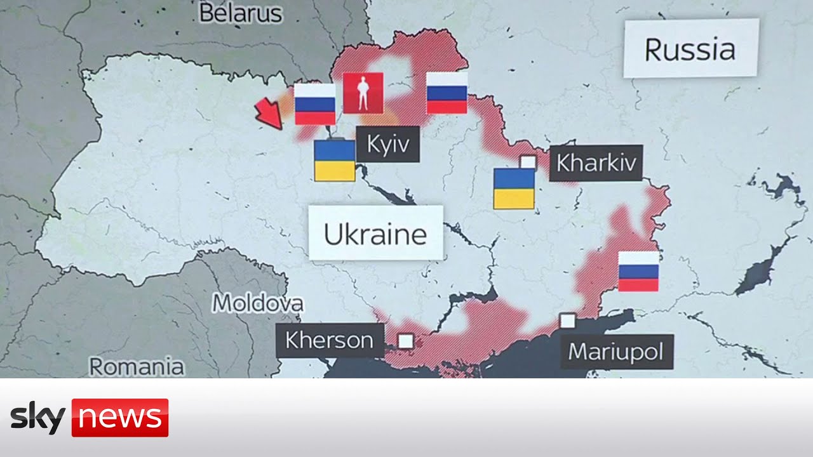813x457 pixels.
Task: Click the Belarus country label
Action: click(241, 13)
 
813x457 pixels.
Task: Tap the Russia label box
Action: click(690, 49)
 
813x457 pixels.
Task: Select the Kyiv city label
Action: click(387, 144)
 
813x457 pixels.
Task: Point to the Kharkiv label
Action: click(596, 163)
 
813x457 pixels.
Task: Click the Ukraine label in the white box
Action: click(375, 233)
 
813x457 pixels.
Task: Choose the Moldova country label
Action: click(257, 303)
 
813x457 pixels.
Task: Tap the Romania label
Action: click(137, 366)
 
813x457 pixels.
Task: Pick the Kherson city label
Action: click(330, 340)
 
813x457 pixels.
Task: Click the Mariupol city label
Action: click(616, 351)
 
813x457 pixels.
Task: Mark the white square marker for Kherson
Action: click(406, 341)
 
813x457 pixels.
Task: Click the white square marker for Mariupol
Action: click(567, 321)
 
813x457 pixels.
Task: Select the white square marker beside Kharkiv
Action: click(528, 162)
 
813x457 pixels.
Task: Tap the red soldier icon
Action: click(363, 93)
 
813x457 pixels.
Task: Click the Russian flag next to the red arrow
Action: click(314, 104)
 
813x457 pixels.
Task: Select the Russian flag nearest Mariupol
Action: click(638, 271)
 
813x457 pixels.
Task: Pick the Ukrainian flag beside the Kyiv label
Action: click(335, 161)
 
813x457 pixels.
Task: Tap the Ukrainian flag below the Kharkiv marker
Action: click(514, 189)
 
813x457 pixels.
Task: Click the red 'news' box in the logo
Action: click(120, 418)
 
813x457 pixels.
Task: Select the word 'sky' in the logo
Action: click(38, 418)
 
